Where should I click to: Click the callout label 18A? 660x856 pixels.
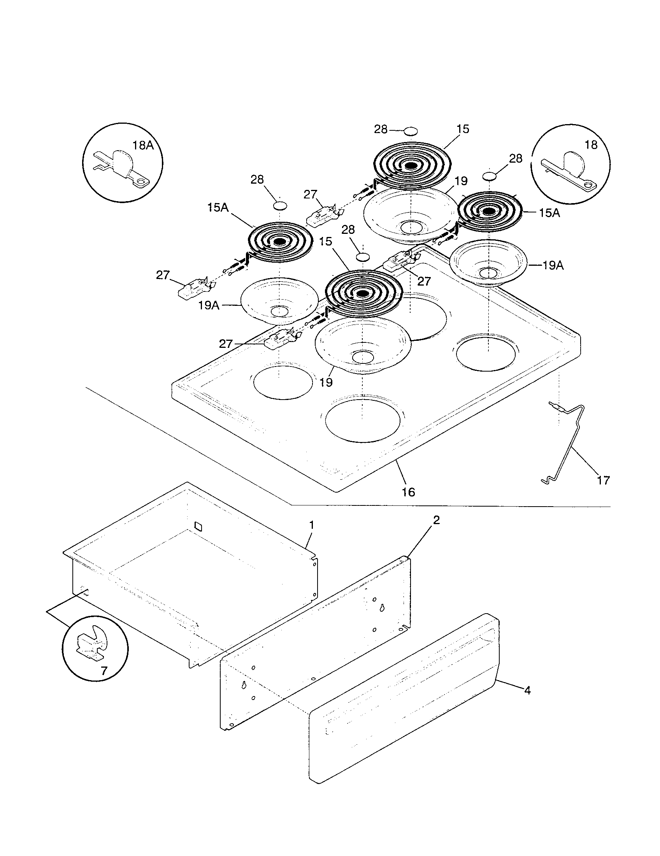click(x=143, y=146)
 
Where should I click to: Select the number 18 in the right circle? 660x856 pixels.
click(x=591, y=145)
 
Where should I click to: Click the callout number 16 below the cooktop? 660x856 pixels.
click(x=408, y=492)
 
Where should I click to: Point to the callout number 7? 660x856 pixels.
click(x=104, y=672)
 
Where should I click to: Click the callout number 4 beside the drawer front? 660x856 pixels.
click(x=528, y=691)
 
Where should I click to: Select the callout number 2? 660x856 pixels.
click(x=436, y=520)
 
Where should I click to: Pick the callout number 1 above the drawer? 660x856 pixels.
click(x=312, y=525)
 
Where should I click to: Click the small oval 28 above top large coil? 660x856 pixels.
click(x=410, y=131)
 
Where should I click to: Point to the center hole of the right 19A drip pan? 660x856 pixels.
click(x=488, y=273)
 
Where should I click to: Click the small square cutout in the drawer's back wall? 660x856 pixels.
click(x=199, y=526)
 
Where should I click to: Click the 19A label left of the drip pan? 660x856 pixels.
click(x=209, y=305)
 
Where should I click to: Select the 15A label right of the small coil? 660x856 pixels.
click(x=549, y=213)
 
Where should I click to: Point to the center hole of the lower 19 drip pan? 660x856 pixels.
click(x=363, y=356)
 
